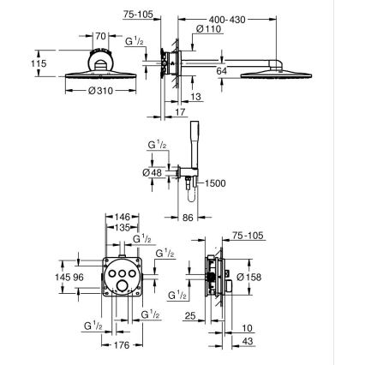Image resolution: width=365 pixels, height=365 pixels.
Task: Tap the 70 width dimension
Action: point(100,37)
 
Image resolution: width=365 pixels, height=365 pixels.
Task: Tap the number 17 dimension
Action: point(178,111)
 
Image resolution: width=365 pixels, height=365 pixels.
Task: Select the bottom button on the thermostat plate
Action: point(123,289)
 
